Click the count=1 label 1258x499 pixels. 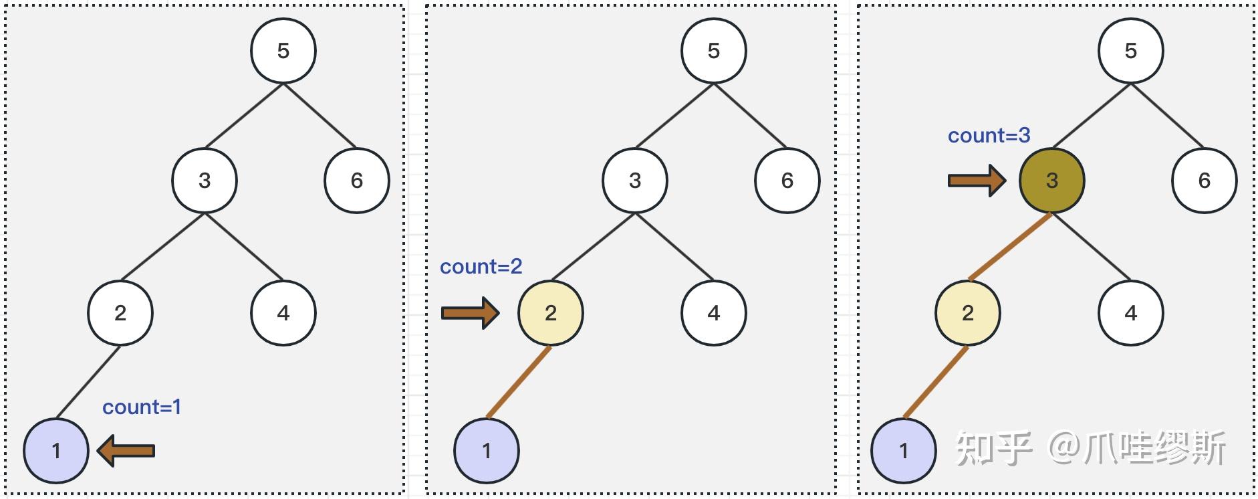tap(142, 407)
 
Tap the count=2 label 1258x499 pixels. tap(481, 266)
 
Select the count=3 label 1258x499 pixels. tap(989, 135)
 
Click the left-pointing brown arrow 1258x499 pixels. tap(126, 450)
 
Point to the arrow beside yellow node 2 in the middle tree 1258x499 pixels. tap(471, 312)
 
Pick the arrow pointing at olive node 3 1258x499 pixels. tap(977, 180)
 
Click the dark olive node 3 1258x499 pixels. tap(1052, 181)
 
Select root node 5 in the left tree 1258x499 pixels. tap(283, 51)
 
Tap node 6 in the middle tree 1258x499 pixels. tap(787, 181)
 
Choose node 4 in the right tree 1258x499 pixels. tap(1131, 313)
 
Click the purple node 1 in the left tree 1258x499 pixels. tap(56, 451)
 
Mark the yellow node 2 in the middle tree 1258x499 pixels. tap(551, 313)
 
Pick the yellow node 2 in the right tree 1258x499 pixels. tap(968, 313)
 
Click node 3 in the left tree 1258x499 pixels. tap(205, 181)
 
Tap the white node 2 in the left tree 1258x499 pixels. tap(120, 313)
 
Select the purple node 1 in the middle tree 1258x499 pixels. tap(487, 451)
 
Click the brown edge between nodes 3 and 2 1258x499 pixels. tap(1010, 246)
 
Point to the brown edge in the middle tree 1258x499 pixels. tap(519, 382)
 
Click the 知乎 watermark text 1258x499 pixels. tap(995, 448)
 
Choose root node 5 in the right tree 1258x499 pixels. tap(1131, 51)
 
